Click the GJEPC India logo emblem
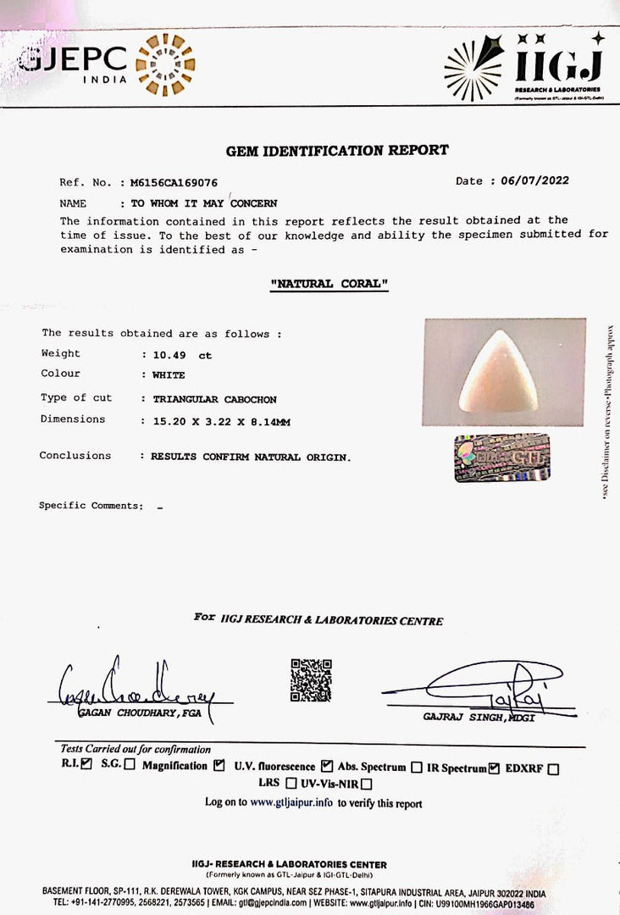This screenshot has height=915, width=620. [x=165, y=64]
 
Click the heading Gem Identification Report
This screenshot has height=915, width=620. [x=337, y=151]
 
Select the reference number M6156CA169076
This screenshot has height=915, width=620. [x=174, y=182]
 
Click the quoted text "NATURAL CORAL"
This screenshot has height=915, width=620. [x=329, y=284]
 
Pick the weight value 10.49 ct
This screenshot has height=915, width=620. [x=181, y=355]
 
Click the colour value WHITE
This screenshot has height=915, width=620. [x=169, y=374]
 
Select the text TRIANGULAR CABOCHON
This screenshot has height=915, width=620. [x=214, y=399]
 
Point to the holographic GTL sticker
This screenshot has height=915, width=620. [x=501, y=457]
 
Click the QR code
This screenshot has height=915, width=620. [x=311, y=679]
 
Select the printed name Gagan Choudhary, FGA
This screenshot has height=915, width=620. [x=140, y=713]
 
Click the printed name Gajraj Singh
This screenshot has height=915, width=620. [x=466, y=718]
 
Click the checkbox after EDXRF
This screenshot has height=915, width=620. [x=553, y=769]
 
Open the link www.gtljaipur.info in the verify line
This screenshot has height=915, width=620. [x=291, y=802]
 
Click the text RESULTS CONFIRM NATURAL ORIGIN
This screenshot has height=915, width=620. [x=250, y=457]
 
